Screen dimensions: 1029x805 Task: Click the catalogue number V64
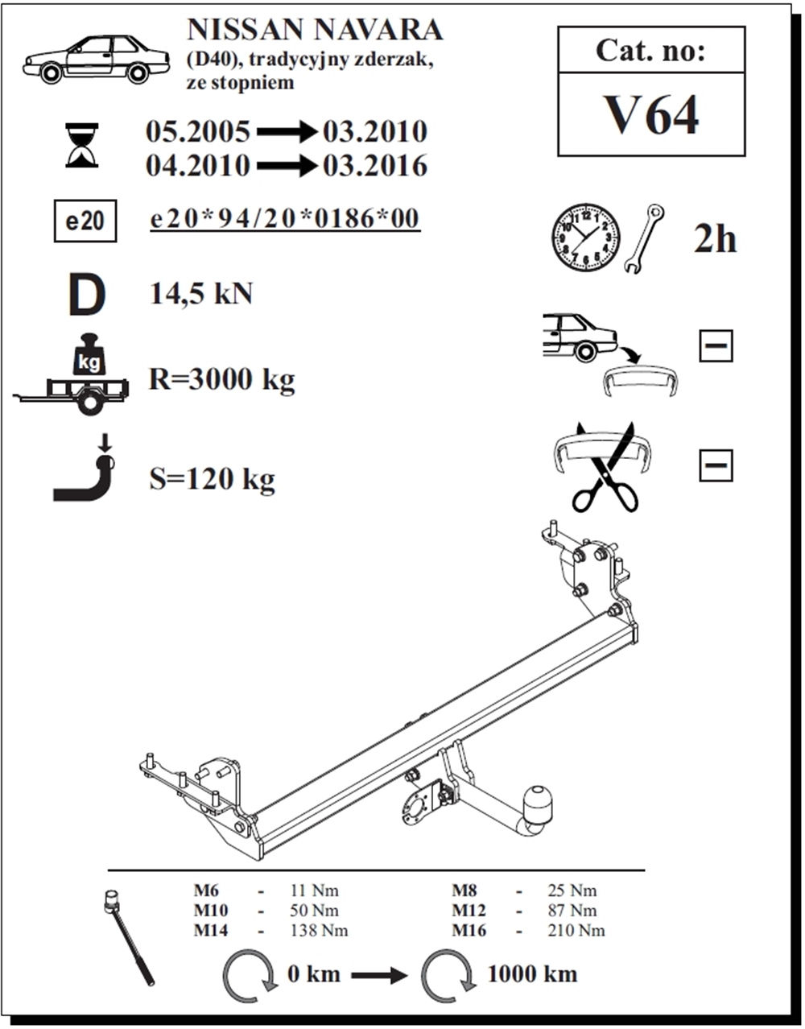click(651, 115)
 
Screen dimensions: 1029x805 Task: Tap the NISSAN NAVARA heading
click(315, 30)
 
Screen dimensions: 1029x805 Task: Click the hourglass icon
click(82, 145)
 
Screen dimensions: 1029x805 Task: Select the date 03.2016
click(375, 166)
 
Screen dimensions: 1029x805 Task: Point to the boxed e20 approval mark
click(85, 221)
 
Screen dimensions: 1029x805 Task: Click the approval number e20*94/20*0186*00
click(285, 219)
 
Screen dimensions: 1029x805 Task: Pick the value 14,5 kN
click(201, 294)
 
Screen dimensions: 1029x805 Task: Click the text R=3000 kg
click(221, 379)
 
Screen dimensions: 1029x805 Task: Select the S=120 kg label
click(212, 480)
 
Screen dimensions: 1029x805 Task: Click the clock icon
click(585, 237)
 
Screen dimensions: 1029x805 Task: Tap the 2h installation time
click(715, 238)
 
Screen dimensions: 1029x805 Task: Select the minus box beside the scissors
click(716, 465)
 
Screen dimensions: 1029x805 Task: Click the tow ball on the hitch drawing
click(537, 804)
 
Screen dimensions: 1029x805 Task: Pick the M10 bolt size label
click(210, 911)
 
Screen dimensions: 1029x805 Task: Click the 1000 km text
click(532, 973)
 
